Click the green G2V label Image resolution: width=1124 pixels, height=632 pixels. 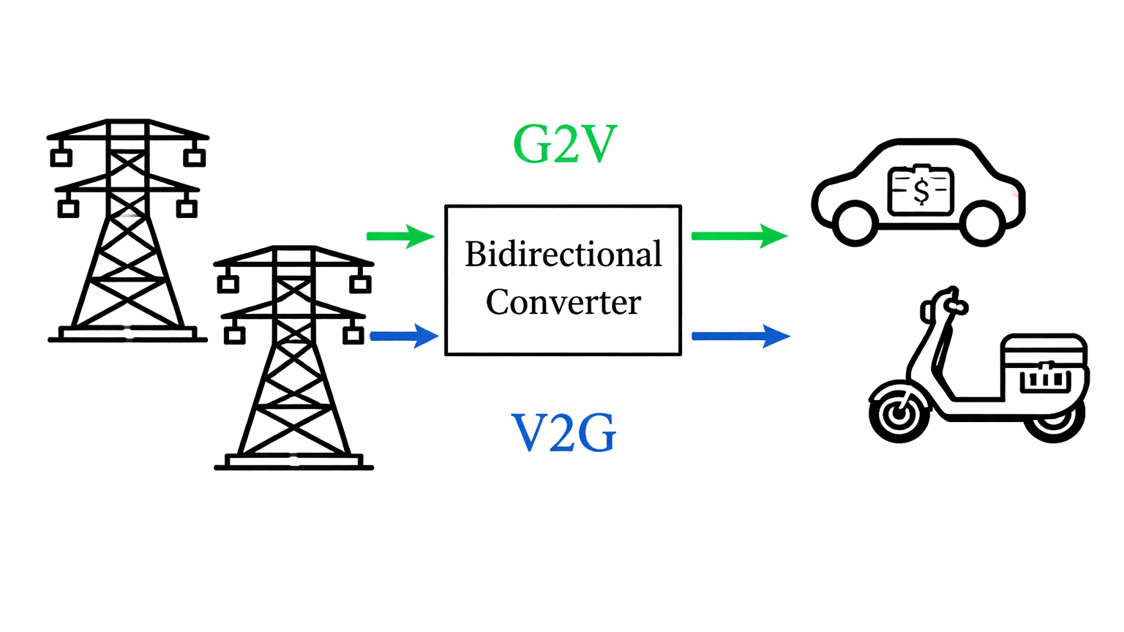tap(564, 144)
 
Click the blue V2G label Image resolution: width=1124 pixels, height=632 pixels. tap(563, 433)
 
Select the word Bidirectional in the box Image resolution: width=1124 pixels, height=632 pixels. tap(563, 255)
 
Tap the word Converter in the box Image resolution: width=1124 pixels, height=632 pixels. tap(563, 302)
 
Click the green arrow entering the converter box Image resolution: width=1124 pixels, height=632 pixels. tap(400, 236)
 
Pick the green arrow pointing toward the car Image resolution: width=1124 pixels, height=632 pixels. tap(739, 236)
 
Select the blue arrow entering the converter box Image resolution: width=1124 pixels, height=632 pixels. tap(404, 336)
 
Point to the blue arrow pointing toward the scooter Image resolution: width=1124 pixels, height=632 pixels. tap(741, 336)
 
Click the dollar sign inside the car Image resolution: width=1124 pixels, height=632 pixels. tap(921, 191)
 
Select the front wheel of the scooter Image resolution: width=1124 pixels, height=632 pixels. tap(899, 415)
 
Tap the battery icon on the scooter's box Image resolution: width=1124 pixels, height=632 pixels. tap(1045, 378)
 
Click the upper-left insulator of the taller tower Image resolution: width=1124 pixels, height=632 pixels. tap(61, 157)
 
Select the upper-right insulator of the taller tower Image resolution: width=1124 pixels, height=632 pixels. tap(194, 157)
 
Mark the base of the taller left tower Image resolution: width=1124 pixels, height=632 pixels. tap(128, 335)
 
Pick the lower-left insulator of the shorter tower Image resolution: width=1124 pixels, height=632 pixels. tap(234, 335)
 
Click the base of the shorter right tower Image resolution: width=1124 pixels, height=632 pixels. tap(293, 462)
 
